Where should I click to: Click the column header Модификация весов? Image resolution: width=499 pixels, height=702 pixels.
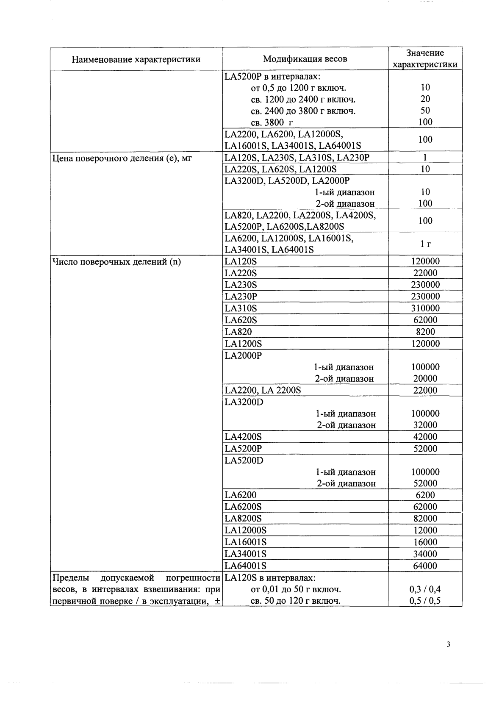tap(305, 59)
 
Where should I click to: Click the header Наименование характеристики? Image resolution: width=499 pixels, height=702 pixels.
tap(136, 59)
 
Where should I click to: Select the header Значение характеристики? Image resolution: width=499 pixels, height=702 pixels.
tap(425, 58)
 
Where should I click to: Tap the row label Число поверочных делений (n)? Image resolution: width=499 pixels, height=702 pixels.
tap(116, 261)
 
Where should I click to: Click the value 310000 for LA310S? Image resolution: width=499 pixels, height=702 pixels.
tap(425, 308)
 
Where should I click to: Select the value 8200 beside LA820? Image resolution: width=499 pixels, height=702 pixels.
tap(425, 332)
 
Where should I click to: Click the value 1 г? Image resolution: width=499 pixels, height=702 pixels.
tap(425, 244)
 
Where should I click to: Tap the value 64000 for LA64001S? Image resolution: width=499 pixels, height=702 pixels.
tap(425, 566)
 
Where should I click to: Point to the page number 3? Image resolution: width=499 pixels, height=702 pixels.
tap(449, 644)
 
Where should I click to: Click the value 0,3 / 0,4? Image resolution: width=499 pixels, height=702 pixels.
tap(425, 589)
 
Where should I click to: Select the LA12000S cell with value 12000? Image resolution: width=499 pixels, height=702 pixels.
tap(245, 530)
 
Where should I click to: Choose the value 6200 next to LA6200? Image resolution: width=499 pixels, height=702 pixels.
tap(425, 495)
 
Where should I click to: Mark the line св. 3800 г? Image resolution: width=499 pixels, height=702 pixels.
tap(272, 122)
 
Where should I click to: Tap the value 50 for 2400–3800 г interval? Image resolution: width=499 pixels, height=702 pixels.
tap(425, 111)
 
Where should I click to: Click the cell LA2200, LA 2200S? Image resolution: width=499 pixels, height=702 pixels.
tap(263, 390)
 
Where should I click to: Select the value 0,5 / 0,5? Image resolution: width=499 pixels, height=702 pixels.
tap(425, 601)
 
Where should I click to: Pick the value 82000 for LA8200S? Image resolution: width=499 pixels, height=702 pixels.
tap(425, 518)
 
